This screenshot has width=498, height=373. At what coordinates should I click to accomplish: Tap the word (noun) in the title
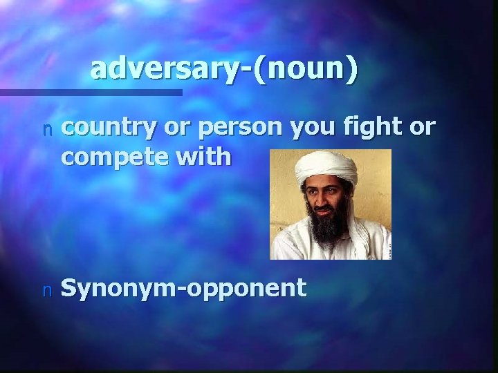(306, 69)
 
